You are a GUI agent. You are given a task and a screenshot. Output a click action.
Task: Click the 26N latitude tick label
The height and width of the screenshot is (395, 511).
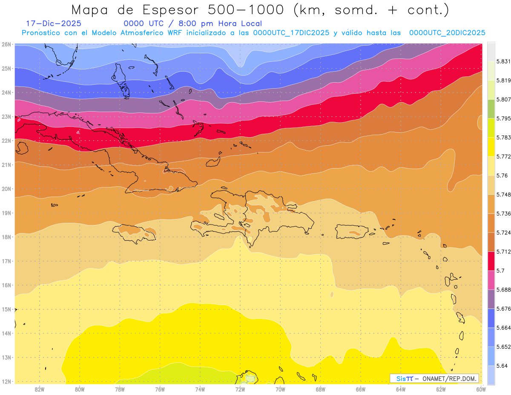click(x=7, y=44)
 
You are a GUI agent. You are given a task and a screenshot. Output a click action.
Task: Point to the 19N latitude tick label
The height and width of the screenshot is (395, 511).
click(x=7, y=213)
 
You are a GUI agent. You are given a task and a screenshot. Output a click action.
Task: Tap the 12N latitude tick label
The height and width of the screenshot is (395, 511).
click(x=7, y=381)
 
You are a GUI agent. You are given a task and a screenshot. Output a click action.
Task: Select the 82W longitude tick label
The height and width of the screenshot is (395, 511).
click(x=40, y=389)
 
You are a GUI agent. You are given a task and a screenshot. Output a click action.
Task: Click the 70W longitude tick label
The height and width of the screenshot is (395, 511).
click(x=280, y=389)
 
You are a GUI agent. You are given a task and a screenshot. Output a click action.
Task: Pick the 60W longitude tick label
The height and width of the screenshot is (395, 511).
click(x=481, y=389)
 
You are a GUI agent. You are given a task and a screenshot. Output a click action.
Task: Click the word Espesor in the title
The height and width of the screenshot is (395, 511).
click(x=167, y=10)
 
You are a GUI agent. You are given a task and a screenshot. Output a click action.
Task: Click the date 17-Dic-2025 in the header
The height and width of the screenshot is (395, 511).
click(x=53, y=24)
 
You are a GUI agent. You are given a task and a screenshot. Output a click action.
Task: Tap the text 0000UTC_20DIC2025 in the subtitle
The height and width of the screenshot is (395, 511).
click(x=447, y=33)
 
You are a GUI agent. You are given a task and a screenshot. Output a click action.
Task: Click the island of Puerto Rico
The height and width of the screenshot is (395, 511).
click(x=352, y=231)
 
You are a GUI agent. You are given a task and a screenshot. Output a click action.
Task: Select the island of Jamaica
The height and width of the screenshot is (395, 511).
click(x=135, y=233)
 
